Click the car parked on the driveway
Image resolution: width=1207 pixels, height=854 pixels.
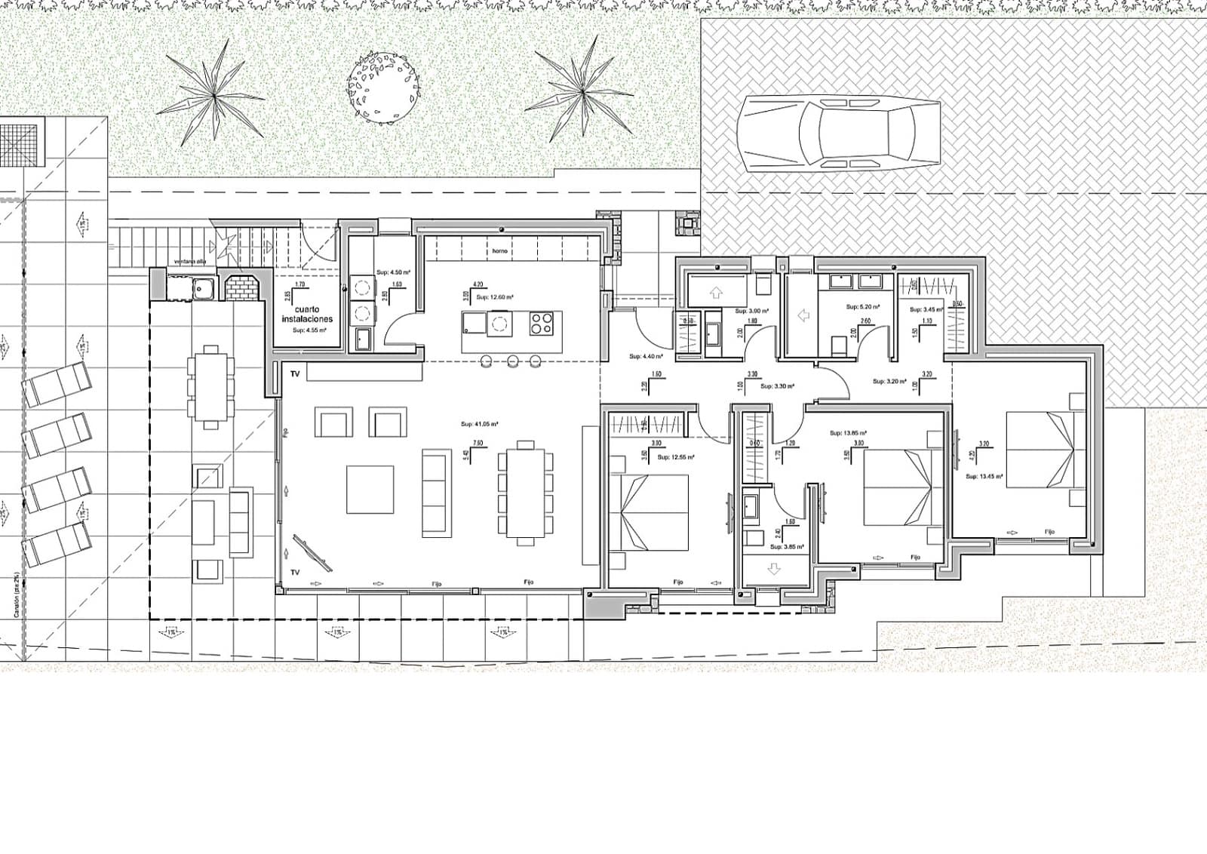click(x=839, y=134)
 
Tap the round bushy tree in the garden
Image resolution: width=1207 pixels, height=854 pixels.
click(x=384, y=87)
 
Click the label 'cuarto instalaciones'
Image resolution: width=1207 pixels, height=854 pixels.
click(x=307, y=315)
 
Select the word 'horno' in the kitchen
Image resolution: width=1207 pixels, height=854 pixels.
click(x=499, y=250)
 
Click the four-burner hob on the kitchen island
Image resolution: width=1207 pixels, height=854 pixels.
click(x=542, y=324)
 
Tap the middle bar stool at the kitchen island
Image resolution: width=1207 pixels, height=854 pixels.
click(x=512, y=360)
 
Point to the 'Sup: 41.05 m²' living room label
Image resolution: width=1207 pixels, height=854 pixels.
click(x=478, y=424)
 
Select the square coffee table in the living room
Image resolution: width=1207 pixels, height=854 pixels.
click(x=370, y=489)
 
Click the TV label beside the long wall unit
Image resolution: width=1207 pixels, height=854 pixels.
click(x=295, y=374)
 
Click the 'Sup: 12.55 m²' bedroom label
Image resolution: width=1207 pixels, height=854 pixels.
click(x=676, y=456)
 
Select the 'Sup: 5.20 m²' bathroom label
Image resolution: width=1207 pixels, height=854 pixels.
click(x=862, y=307)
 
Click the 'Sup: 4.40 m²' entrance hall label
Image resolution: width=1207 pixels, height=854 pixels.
click(x=646, y=356)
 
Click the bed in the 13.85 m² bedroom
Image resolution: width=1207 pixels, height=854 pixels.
click(x=898, y=487)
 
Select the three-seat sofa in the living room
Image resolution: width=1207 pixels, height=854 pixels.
click(x=437, y=493)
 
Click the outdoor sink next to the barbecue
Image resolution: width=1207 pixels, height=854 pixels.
click(x=202, y=287)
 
